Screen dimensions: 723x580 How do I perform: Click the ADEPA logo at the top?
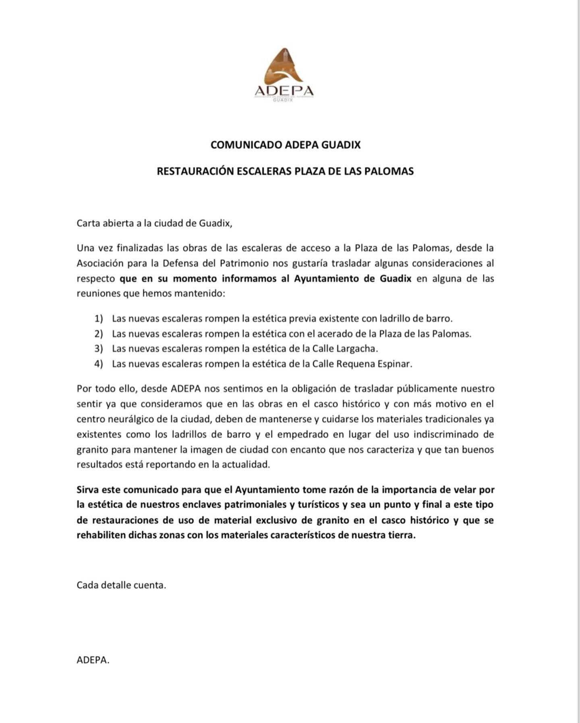(x=284, y=75)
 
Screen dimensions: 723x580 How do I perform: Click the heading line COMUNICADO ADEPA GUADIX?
(x=285, y=145)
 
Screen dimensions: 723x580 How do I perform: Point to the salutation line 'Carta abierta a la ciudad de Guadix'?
(x=154, y=223)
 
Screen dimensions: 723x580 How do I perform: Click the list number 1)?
(x=99, y=319)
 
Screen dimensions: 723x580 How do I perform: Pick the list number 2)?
(x=99, y=334)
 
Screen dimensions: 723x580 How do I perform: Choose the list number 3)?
(x=99, y=349)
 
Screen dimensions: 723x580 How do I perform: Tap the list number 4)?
(x=99, y=364)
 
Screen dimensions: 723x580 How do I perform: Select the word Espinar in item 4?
(x=394, y=364)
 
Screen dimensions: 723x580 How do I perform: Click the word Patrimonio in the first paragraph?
(x=244, y=264)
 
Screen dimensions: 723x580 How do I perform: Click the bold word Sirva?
(x=87, y=490)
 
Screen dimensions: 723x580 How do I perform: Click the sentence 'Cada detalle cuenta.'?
(x=121, y=585)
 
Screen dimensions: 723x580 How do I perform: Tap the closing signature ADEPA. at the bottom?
(x=93, y=660)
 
